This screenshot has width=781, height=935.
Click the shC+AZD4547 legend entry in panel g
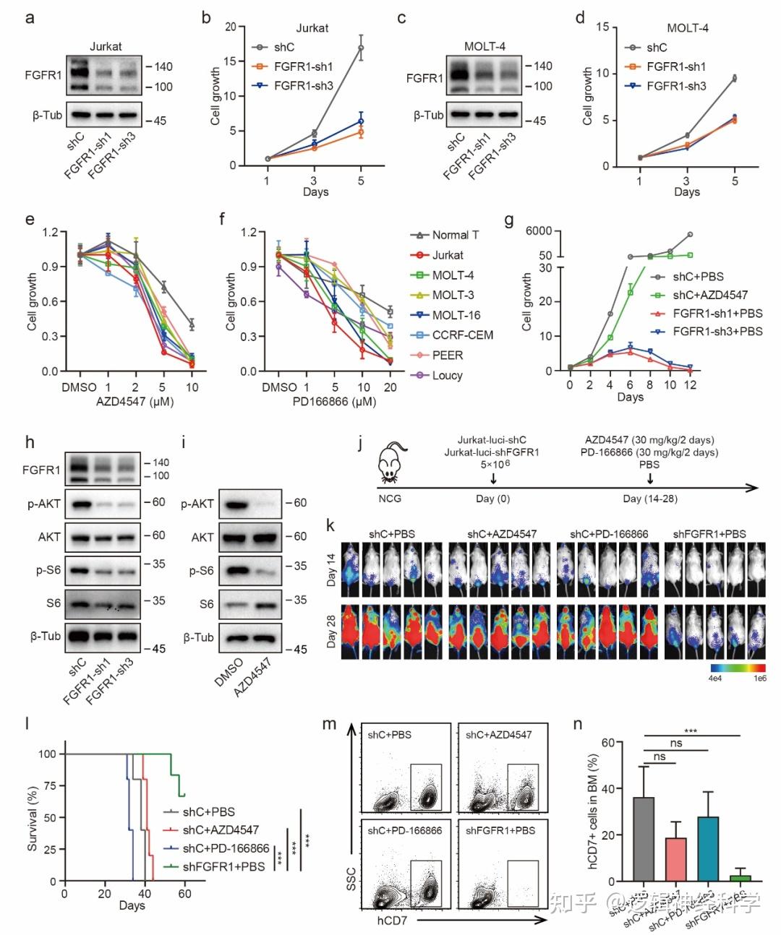(x=709, y=295)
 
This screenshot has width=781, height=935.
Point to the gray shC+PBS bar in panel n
(x=643, y=839)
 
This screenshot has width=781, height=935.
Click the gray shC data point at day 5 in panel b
(x=360, y=48)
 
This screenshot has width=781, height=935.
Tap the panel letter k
(x=330, y=525)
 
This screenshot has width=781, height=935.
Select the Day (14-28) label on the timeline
(x=650, y=499)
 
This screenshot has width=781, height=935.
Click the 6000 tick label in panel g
(x=538, y=231)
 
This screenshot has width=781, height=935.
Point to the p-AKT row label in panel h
(x=44, y=503)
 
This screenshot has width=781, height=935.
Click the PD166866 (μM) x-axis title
(x=333, y=402)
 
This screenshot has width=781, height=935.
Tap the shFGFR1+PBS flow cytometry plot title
(x=500, y=830)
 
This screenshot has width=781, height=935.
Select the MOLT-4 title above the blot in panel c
(x=484, y=46)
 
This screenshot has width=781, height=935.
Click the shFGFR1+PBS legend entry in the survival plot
(x=223, y=866)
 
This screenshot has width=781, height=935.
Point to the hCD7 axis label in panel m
(x=392, y=921)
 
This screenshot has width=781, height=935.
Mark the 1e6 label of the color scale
(x=759, y=678)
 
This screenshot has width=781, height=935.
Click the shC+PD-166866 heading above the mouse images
(x=609, y=534)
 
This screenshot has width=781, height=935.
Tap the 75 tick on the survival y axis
(x=48, y=785)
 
